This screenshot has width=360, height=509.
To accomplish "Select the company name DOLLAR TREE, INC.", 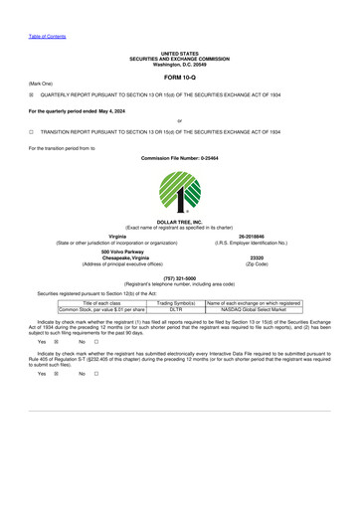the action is pyautogui.click(x=179, y=221).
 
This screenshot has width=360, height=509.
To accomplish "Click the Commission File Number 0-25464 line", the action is pyautogui.click(x=179, y=158).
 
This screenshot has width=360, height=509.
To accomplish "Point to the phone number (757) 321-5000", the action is pyautogui.click(x=179, y=278).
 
